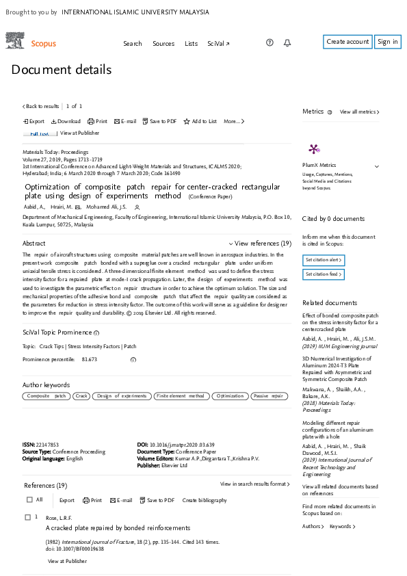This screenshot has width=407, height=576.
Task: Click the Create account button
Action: (x=347, y=42)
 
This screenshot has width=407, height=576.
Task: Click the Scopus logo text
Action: (x=44, y=43)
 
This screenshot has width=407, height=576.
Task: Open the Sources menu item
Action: (x=163, y=43)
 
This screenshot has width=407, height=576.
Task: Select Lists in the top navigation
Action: (x=191, y=43)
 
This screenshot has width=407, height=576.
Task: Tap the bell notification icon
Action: (x=287, y=42)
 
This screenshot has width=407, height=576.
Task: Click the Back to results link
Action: (x=41, y=106)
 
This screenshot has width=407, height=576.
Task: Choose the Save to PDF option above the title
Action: (x=159, y=121)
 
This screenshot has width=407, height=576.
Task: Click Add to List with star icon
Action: (x=200, y=121)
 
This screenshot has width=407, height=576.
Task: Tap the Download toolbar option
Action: (x=66, y=121)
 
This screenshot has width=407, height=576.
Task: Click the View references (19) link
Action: (x=260, y=243)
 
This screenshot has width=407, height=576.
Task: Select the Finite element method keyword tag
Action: (x=181, y=396)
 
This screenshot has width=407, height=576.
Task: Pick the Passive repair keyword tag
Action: (x=269, y=396)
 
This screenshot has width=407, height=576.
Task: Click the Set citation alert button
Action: (x=324, y=260)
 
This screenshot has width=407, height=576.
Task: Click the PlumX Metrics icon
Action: (x=314, y=149)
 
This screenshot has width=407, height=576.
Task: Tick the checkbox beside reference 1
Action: (x=27, y=517)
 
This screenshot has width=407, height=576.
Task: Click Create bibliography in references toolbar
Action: (x=205, y=500)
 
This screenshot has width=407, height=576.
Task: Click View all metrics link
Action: (x=359, y=112)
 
